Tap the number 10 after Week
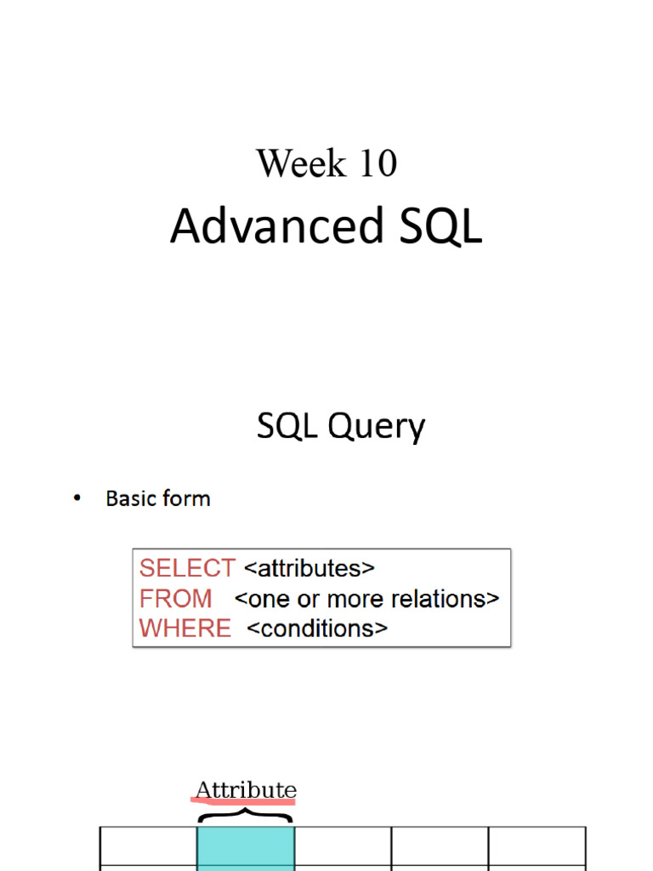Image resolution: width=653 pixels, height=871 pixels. pyautogui.click(x=378, y=163)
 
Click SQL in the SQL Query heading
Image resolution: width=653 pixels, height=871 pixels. pyautogui.click(x=287, y=426)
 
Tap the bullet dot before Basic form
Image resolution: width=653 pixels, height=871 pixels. pyautogui.click(x=77, y=498)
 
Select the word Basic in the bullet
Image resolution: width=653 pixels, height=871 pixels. pyautogui.click(x=129, y=498)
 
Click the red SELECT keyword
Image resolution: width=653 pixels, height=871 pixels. pyautogui.click(x=187, y=568)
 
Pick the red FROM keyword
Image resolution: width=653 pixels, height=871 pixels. pyautogui.click(x=176, y=599)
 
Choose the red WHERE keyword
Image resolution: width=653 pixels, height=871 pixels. pyautogui.click(x=185, y=629)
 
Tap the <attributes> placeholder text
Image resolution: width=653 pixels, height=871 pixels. pyautogui.click(x=309, y=568)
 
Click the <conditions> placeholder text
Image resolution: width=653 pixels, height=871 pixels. pyautogui.click(x=317, y=629)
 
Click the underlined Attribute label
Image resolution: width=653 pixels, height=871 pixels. pyautogui.click(x=246, y=790)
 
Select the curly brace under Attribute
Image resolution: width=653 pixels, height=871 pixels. pyautogui.click(x=246, y=814)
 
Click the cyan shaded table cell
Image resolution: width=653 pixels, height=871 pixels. pyautogui.click(x=246, y=846)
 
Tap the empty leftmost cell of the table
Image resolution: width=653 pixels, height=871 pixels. pyautogui.click(x=149, y=846)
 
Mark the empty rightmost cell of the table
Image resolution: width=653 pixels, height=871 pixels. pyautogui.click(x=537, y=846)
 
